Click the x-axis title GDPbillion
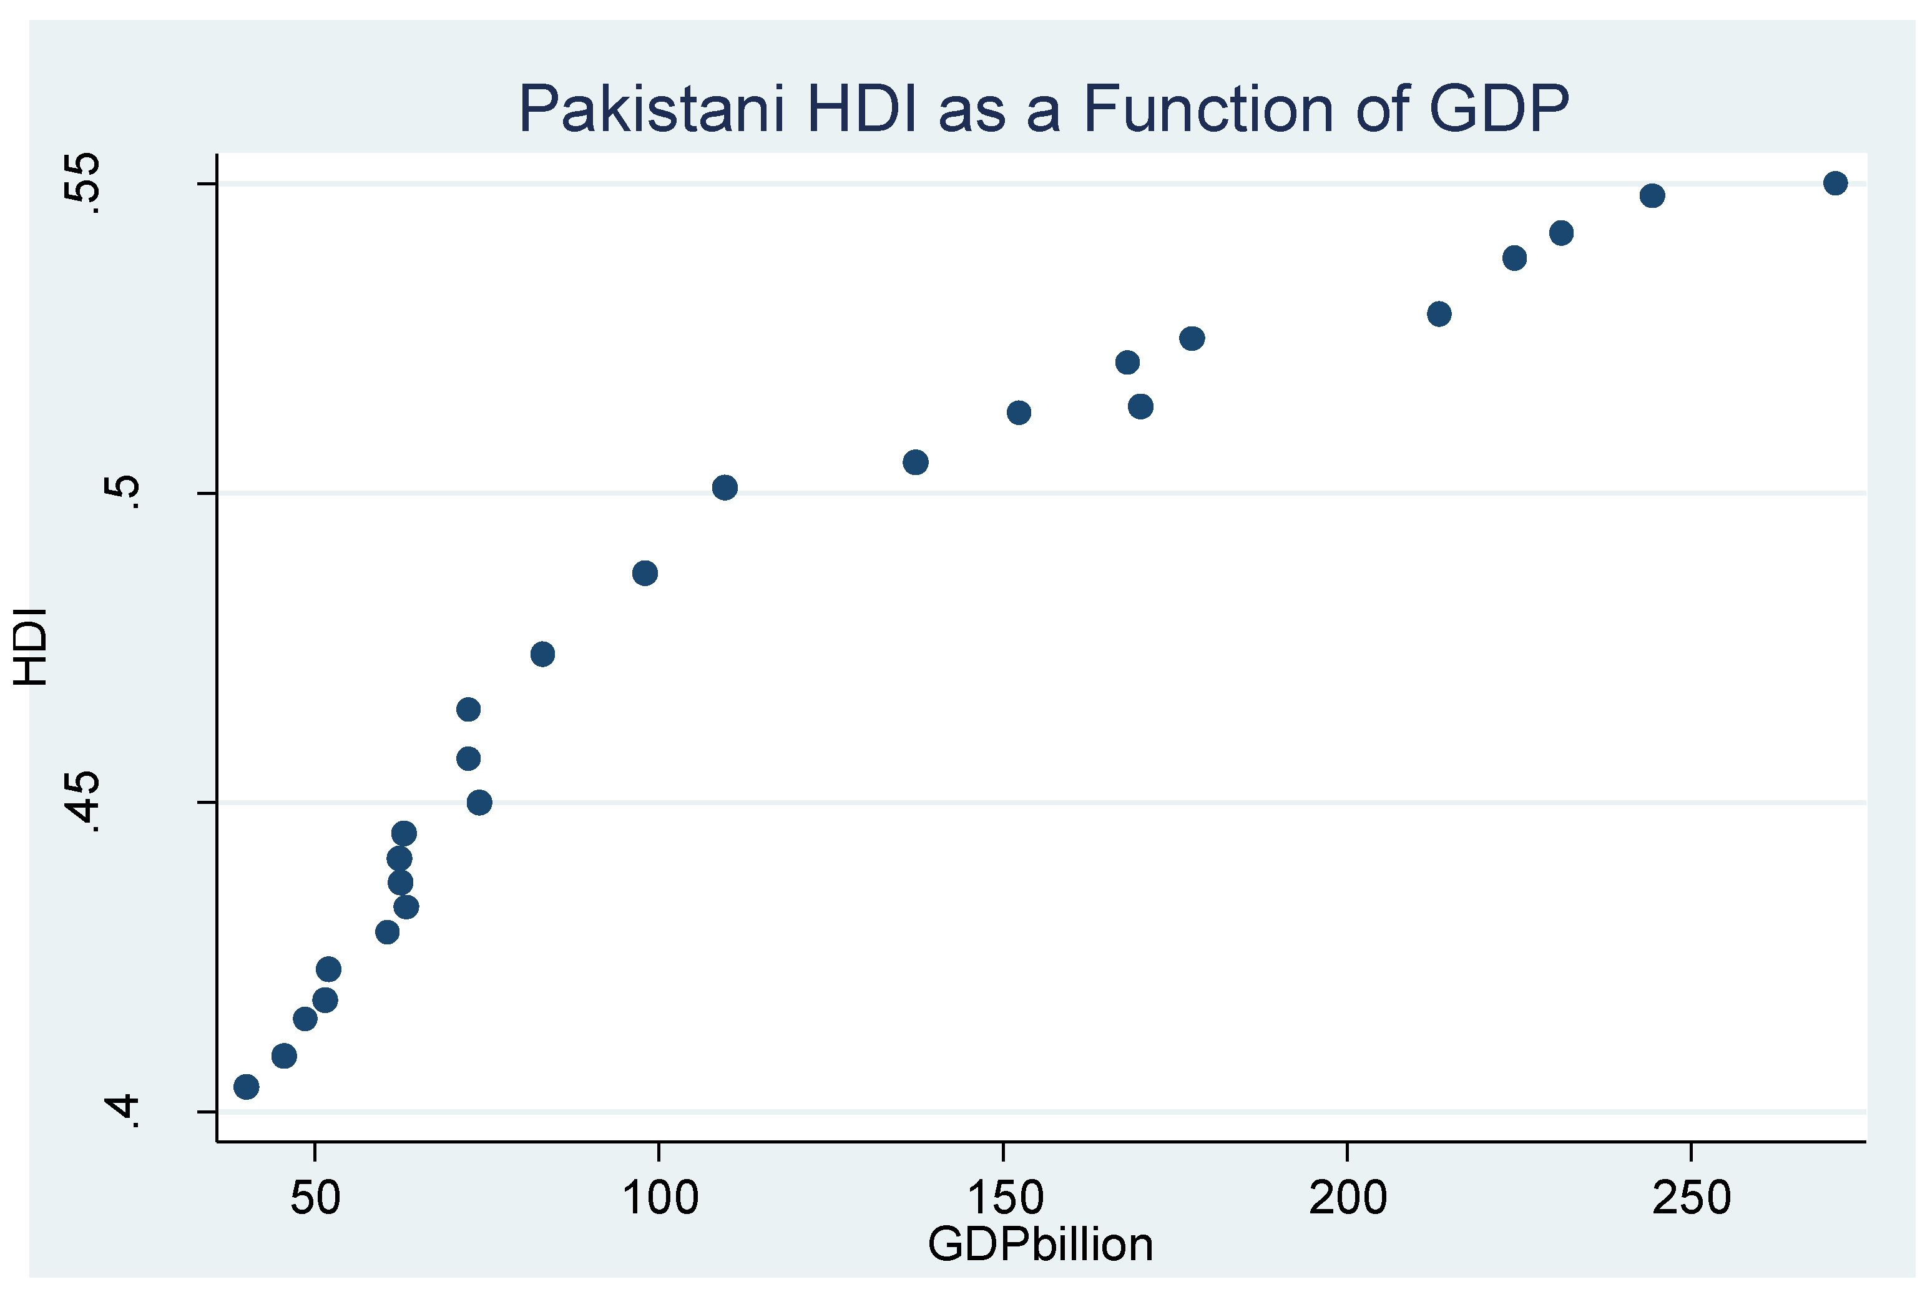[1040, 1244]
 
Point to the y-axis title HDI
[32, 647]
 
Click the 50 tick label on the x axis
[315, 1197]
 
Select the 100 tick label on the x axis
[660, 1197]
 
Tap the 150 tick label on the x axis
[1005, 1197]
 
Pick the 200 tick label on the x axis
[1348, 1197]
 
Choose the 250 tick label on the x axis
[1691, 1197]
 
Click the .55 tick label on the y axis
[83, 184]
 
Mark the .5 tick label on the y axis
[122, 492]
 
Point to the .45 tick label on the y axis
[83, 802]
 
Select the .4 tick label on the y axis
[122, 1111]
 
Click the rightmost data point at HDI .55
[1835, 184]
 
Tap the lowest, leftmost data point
[247, 1086]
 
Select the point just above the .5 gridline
[725, 487]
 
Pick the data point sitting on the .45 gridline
[479, 802]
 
